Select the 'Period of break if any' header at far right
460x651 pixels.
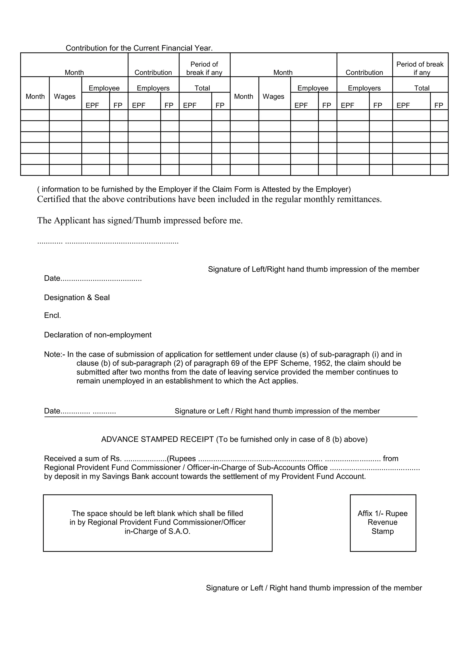pyautogui.click(x=420, y=68)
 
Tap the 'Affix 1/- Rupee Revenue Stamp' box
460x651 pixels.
pyautogui.click(x=383, y=522)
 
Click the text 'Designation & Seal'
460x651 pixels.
pyautogui.click(x=77, y=297)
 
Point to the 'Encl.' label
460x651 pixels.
pyautogui.click(x=52, y=316)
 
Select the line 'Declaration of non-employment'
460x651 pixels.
pyautogui.click(x=98, y=335)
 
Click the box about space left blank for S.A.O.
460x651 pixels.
pyautogui.click(x=158, y=522)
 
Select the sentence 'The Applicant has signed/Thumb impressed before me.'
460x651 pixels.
pyautogui.click(x=140, y=220)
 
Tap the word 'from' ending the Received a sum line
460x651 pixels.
pyautogui.click(x=391, y=458)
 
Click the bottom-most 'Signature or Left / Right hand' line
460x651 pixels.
pyautogui.click(x=314, y=588)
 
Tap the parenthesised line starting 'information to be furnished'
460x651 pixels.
pyautogui.click(x=194, y=189)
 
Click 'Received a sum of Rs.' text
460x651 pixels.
pyautogui.click(x=83, y=458)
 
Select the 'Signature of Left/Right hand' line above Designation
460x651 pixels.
pyautogui.click(x=314, y=269)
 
